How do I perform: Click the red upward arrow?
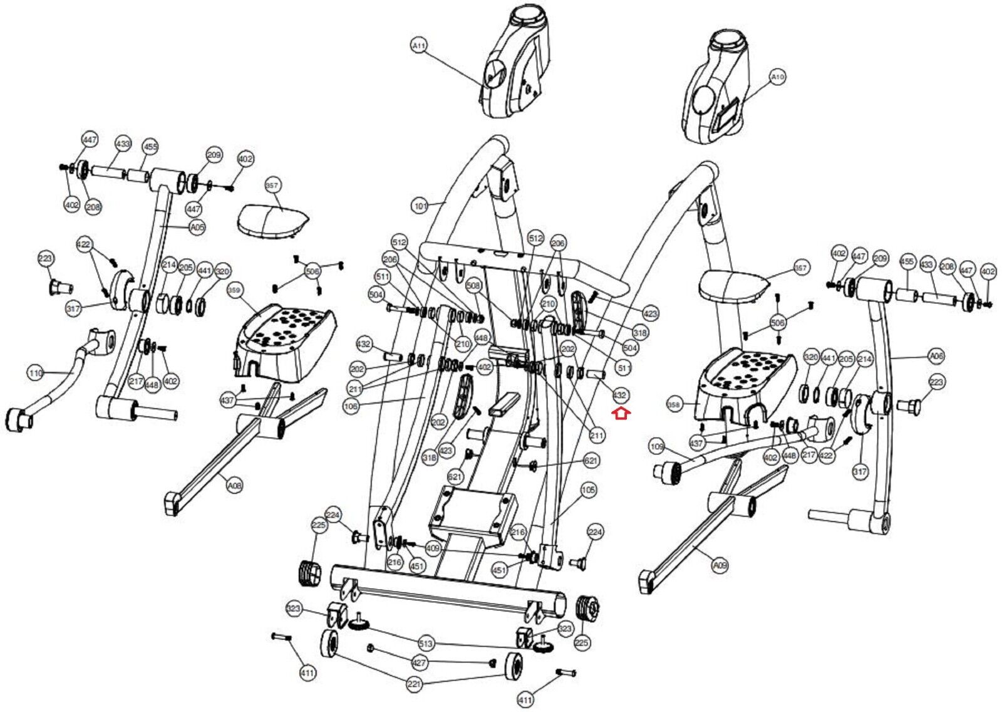621,414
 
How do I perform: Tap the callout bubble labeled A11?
419,45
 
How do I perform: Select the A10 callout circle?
777,77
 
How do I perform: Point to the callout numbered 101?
420,206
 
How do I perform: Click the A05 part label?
197,228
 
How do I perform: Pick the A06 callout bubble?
936,357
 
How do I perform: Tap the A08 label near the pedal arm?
234,485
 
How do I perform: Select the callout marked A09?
720,565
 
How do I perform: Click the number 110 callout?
36,374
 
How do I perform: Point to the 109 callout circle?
656,447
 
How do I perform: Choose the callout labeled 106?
351,406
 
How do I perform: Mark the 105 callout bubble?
588,489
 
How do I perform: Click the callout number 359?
234,291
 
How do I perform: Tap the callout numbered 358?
673,405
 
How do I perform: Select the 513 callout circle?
426,644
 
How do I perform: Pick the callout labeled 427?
419,662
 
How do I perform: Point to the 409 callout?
433,548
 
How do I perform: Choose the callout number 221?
414,684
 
